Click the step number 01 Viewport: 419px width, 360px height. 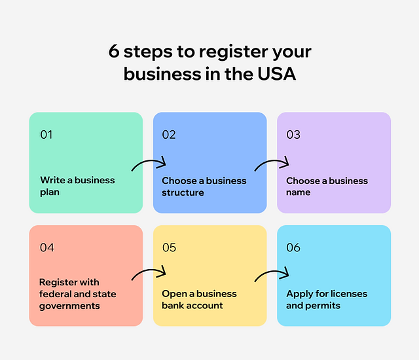(x=46, y=135)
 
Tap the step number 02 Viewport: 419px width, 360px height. (x=169, y=135)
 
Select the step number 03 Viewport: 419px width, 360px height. (x=293, y=135)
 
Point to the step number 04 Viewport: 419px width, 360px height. (x=47, y=247)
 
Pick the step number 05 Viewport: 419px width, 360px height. (x=169, y=247)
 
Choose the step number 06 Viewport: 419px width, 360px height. (x=293, y=247)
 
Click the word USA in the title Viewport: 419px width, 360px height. (x=276, y=74)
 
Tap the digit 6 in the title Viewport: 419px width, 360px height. (x=113, y=51)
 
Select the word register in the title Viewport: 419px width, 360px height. (x=233, y=52)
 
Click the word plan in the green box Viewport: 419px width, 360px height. (x=50, y=192)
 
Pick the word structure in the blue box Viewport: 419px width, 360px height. (x=183, y=192)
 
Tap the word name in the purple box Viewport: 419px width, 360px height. (x=299, y=192)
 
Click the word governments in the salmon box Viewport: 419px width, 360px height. (x=69, y=306)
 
